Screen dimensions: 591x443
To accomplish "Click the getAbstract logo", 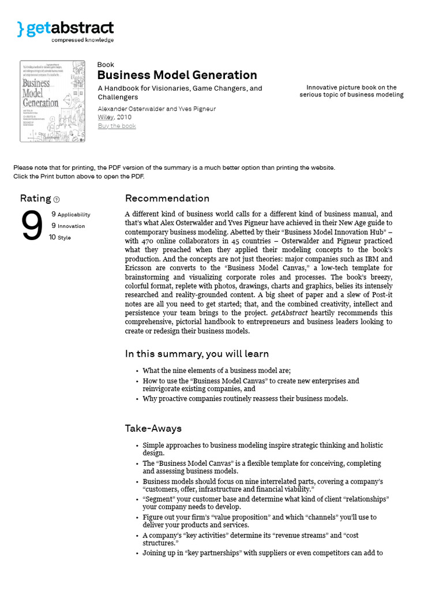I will (x=65, y=29).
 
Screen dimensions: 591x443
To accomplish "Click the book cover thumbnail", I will (x=52, y=101).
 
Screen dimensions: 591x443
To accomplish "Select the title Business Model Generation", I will (x=177, y=75).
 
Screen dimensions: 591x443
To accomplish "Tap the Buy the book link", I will (x=117, y=126).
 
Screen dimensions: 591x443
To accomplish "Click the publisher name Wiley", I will (x=105, y=117).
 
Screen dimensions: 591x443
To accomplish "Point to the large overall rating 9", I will (x=32, y=227).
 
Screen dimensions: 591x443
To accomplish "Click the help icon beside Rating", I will (x=57, y=200).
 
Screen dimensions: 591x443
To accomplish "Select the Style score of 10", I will (x=52, y=237).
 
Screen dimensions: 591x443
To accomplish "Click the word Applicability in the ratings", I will (x=74, y=215).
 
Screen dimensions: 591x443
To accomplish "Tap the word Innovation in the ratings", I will (x=71, y=226).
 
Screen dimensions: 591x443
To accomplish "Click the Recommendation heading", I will (x=167, y=198).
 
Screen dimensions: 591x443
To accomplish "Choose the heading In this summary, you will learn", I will (x=197, y=353).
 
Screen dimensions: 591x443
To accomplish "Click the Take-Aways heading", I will (x=153, y=428).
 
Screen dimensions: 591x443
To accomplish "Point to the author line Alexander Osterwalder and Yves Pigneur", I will (x=157, y=109).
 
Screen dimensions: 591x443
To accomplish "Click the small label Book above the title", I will (x=106, y=65).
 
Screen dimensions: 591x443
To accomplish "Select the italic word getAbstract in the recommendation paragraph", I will (x=289, y=313).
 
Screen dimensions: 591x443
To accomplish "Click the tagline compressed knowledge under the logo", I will (x=82, y=40).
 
